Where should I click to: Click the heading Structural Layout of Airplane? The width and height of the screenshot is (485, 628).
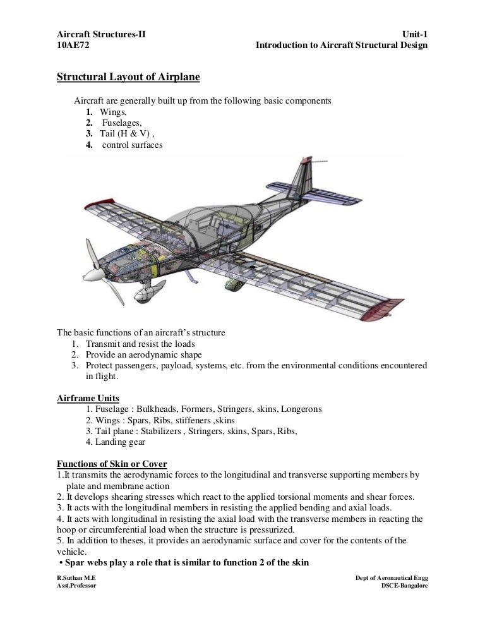coord(128,78)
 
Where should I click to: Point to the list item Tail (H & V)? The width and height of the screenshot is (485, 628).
coord(126,133)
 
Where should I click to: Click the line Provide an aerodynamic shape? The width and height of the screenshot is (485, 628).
coord(144,354)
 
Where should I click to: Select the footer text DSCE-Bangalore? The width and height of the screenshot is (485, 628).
coord(404,586)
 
